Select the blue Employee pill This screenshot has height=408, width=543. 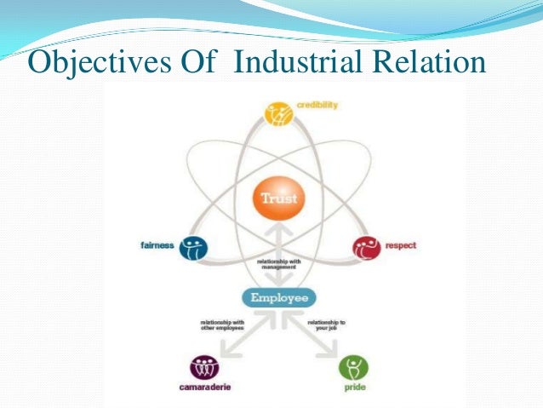279,297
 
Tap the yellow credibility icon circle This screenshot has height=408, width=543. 278,112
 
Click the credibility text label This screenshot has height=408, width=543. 317,105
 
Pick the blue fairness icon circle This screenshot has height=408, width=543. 193,248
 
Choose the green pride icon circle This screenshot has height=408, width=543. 353,368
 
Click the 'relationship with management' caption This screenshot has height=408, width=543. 279,264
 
